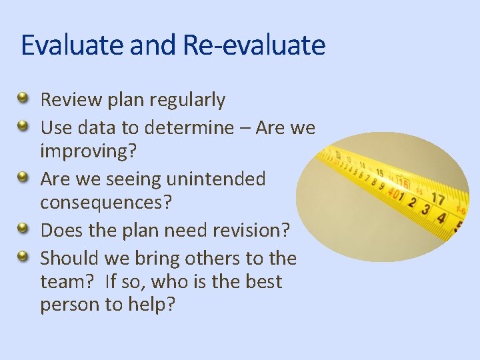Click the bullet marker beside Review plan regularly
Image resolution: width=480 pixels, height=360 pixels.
23,99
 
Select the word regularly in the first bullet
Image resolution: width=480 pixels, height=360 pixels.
187,100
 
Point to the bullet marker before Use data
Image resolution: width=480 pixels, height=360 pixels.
23,125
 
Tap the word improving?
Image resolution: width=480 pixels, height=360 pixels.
88,151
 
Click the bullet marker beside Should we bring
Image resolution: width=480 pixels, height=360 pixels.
23,256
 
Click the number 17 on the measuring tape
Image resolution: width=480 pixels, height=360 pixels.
437,198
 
